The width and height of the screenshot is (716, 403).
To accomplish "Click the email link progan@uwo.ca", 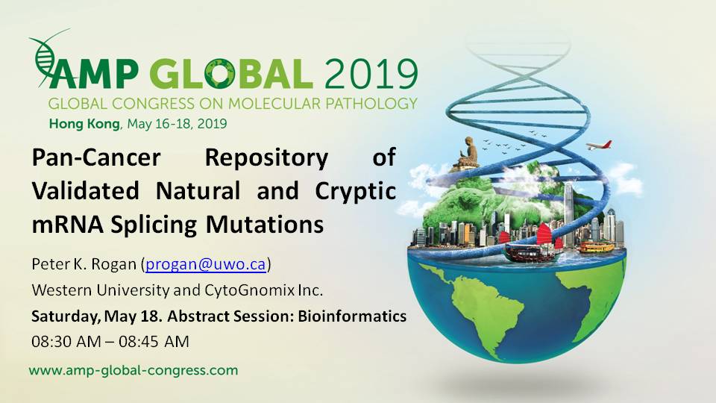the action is coord(206,264).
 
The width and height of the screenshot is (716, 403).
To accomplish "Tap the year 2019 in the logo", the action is coord(371,74).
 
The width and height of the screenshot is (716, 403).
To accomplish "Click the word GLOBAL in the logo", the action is coord(231,74).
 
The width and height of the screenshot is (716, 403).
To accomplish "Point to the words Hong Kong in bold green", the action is coord(84,124).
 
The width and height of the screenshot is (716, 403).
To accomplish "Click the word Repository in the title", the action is coord(267,157).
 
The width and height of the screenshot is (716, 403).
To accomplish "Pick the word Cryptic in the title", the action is coord(355,191).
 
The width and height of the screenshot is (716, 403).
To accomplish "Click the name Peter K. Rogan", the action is coord(84,264).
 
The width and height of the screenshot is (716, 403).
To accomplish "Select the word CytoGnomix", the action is coord(249,290).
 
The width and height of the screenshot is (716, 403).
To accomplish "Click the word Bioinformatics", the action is coord(352,316).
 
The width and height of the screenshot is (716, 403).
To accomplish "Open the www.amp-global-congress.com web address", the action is coord(134,370).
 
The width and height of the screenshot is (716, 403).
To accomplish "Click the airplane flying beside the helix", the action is coord(599,146).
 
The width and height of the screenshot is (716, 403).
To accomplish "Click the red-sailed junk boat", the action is coord(532,241).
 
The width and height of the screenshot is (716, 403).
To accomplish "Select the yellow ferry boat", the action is coord(596,247).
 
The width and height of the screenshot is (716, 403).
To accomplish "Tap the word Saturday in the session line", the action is coord(66,316).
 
